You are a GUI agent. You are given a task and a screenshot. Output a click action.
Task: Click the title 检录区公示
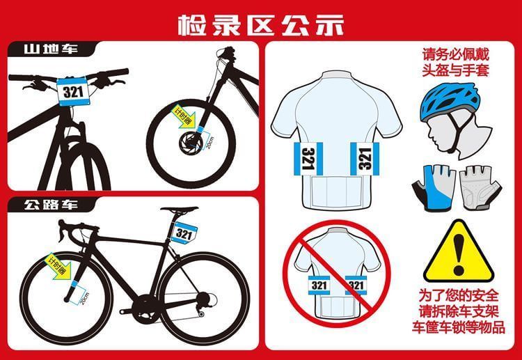[x=261, y=24]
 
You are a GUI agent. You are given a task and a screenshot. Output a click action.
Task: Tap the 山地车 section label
[x=51, y=49]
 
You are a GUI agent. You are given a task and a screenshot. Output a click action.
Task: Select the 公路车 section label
[x=51, y=205]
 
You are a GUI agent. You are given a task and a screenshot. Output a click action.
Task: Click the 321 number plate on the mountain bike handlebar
[x=73, y=91]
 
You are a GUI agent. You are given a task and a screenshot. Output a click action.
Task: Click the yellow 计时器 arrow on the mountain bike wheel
[x=184, y=116]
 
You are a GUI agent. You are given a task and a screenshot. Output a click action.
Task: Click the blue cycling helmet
[x=451, y=102]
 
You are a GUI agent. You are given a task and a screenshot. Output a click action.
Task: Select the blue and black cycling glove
[x=434, y=188]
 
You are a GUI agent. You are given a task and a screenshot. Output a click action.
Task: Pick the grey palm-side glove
[x=481, y=188]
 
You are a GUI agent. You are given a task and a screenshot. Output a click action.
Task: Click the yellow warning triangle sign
[x=459, y=252]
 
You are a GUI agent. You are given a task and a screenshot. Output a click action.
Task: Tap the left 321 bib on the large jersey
[x=308, y=159]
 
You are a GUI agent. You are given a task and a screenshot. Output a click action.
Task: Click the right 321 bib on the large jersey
[x=365, y=159]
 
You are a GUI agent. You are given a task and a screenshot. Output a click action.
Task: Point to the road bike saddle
[x=180, y=210]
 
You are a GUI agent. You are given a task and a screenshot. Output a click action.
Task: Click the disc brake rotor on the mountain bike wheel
[x=191, y=143]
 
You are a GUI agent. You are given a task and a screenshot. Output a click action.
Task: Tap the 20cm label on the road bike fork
[x=84, y=298]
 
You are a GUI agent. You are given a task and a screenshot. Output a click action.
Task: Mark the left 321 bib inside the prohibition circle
[x=319, y=285]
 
